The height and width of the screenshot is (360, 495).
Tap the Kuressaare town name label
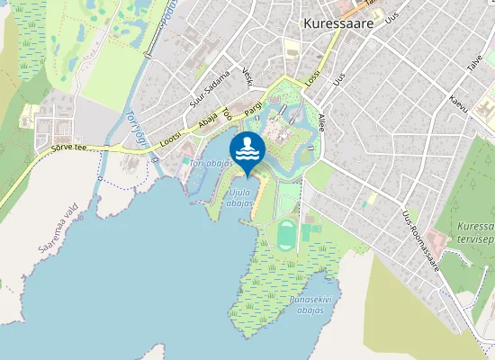coord(338,25)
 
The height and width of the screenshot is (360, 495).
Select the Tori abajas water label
coord(211,164)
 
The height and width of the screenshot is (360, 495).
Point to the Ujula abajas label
coord(239,198)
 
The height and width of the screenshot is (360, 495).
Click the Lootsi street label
coord(169,135)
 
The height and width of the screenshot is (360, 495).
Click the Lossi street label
coord(311,78)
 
